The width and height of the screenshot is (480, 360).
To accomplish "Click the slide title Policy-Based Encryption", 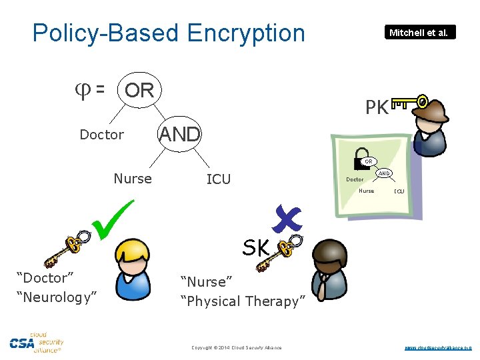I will coord(168,33).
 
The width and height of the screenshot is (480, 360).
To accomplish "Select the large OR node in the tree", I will coord(139,90).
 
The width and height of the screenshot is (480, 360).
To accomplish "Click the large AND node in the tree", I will coord(179,134).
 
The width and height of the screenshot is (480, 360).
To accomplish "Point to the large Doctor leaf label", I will coord(101,135).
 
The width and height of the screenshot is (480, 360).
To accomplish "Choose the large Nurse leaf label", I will coord(133,179).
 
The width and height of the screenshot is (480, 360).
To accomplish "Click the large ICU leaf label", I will coord(219,179).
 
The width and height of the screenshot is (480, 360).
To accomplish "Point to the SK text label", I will coord(255,249).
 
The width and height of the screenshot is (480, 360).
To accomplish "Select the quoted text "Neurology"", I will coord(57,297).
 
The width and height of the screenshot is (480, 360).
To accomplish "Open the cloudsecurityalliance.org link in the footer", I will coord(438,347).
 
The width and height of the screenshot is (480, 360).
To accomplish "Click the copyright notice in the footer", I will coord(237,347).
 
